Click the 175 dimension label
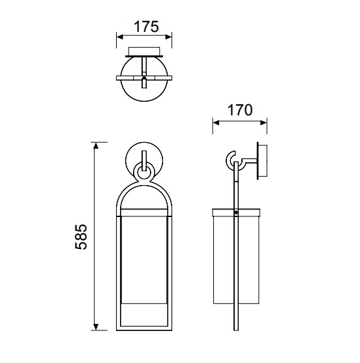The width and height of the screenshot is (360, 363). pyautogui.click(x=146, y=27)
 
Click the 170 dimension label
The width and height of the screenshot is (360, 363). pyautogui.click(x=240, y=110)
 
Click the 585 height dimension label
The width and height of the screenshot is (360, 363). pyautogui.click(x=81, y=237)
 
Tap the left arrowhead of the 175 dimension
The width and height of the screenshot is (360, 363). pyautogui.click(x=120, y=37)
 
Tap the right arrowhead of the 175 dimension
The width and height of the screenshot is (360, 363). pyautogui.click(x=168, y=37)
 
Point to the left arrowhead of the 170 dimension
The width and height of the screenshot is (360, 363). pyautogui.click(x=216, y=123)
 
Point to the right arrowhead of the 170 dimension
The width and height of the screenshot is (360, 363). pyautogui.click(x=263, y=123)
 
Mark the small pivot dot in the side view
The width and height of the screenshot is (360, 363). pyautogui.click(x=236, y=212)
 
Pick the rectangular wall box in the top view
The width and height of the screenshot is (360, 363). pyautogui.click(x=144, y=51)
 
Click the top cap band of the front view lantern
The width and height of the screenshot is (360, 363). pyautogui.click(x=144, y=212)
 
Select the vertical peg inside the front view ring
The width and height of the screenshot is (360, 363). pyautogui.click(x=144, y=161)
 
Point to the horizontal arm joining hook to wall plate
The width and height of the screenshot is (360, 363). pyautogui.click(x=249, y=160)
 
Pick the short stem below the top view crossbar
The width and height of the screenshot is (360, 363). pyautogui.click(x=144, y=83)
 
